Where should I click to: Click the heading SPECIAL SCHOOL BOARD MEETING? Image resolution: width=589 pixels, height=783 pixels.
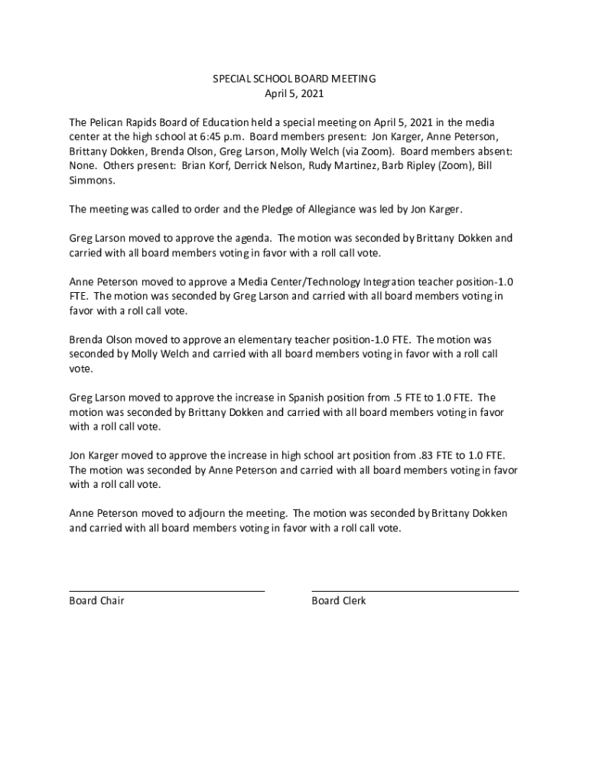pyautogui.click(x=294, y=79)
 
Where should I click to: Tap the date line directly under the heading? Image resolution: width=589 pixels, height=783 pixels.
pyautogui.click(x=294, y=94)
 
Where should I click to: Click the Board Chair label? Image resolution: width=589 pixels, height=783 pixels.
pyautogui.click(x=96, y=601)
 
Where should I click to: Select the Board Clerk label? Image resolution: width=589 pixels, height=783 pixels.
pyautogui.click(x=339, y=601)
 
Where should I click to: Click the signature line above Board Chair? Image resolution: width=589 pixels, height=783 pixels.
pyautogui.click(x=167, y=590)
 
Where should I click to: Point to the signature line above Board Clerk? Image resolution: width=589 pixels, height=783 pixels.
pyautogui.click(x=415, y=590)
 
